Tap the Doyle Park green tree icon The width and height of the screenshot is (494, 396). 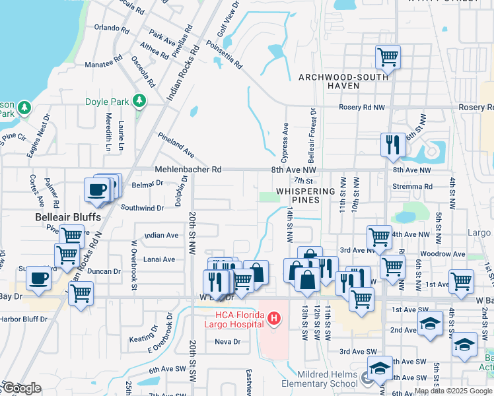coord(139,101)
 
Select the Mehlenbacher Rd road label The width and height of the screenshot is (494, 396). coord(188,170)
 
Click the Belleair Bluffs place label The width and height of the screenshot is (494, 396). coord(68,217)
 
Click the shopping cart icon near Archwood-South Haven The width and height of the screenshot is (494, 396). coord(388,57)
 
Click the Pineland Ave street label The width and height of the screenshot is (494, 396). coord(176,145)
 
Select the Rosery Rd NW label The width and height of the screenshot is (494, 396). coord(361,107)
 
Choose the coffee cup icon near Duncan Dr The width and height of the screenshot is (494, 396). coord(39,278)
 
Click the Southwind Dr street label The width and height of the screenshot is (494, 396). coord(142,208)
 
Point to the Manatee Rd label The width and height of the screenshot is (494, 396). coord(104,65)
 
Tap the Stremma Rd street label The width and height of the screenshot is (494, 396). coord(413,187)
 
